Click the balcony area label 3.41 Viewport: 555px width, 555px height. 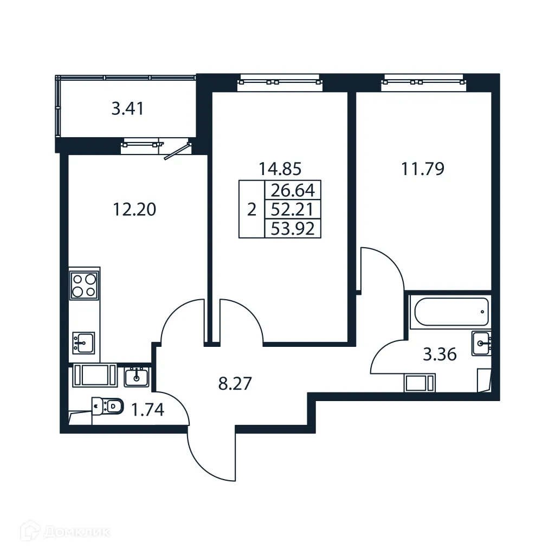[127, 109]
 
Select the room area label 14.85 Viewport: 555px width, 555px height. [280, 169]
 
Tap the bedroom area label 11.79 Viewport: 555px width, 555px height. [423, 169]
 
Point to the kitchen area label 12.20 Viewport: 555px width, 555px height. [134, 209]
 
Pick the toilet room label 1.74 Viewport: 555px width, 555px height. [149, 410]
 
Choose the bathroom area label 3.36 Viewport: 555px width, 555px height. [440, 355]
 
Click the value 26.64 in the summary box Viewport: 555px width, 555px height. [293, 190]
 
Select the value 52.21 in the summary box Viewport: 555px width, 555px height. [293, 209]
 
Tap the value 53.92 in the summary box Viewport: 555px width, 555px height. [293, 229]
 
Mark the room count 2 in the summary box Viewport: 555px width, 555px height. [251, 210]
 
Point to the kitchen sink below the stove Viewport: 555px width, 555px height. [83, 343]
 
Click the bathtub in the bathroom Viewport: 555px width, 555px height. [450, 311]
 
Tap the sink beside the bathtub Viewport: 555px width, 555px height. [481, 343]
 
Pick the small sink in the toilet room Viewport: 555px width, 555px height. [136, 376]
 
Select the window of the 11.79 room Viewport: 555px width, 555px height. [423, 82]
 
